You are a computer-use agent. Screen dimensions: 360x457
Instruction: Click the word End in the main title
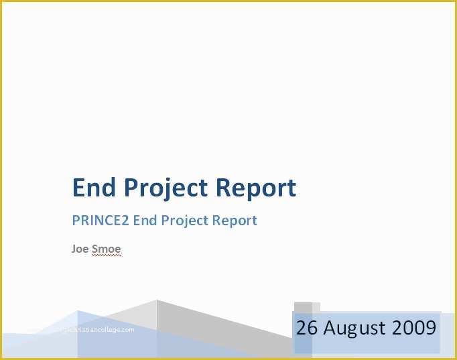[92, 188]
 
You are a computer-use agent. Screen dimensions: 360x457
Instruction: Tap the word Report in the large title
[256, 188]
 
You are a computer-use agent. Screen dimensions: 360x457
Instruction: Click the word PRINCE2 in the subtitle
[101, 221]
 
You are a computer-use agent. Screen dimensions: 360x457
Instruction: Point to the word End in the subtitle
[144, 221]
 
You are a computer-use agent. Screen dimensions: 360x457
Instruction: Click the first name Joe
[80, 249]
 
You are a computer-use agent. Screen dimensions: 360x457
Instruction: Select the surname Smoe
[106, 249]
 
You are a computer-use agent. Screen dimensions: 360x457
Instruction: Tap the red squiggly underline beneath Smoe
[106, 255]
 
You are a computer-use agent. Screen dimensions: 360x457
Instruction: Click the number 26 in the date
[307, 328]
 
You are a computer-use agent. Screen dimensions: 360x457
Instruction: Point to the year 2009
[414, 328]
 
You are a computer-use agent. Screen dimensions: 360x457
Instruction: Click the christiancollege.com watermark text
[96, 330]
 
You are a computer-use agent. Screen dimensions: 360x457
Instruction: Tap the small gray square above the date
[303, 307]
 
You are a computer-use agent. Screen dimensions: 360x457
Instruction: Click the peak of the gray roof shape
[157, 300]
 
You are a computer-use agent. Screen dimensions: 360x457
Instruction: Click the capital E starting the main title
[79, 188]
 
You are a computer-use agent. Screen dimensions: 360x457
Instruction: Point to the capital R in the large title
[226, 188]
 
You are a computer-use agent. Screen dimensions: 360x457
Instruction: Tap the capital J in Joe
[74, 249]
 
